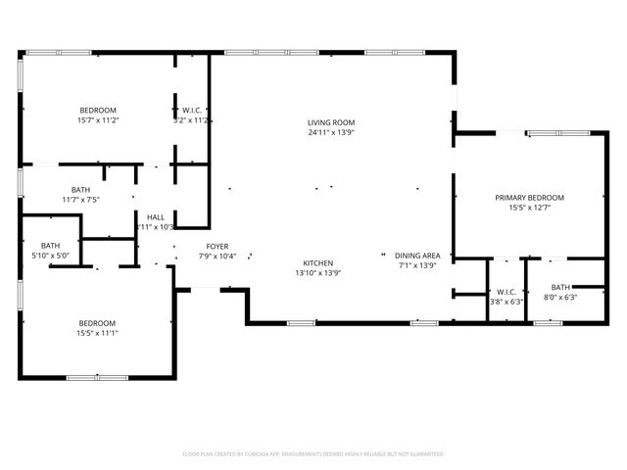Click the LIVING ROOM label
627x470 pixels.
point(330,121)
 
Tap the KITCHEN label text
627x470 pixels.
point(318,262)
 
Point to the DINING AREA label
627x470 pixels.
point(417,256)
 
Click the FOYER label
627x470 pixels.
point(217,246)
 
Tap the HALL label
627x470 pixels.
point(156,216)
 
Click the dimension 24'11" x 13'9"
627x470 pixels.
point(330,132)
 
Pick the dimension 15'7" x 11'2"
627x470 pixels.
point(98,120)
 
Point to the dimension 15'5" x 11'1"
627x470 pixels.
point(98,333)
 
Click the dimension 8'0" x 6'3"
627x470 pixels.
point(560,298)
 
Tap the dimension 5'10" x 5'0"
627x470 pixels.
point(51,257)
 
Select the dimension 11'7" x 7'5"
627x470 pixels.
point(81,200)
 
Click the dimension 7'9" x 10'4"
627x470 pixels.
point(217,257)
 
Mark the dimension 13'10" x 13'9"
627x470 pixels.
point(318,273)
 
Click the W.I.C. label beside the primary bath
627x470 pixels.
point(506,291)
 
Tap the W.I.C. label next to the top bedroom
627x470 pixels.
point(192,110)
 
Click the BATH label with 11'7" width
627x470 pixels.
point(81,189)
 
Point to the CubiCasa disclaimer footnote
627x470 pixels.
point(313,453)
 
